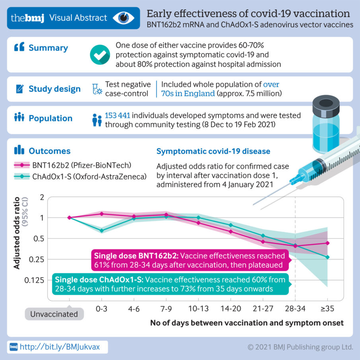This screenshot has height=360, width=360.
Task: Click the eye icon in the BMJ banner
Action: (x=124, y=18)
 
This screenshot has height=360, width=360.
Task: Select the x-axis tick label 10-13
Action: (x=198, y=309)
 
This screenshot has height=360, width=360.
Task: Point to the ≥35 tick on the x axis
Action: (x=327, y=309)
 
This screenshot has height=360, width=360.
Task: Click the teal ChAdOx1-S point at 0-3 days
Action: (x=101, y=230)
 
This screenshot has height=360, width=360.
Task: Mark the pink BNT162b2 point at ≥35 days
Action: (x=327, y=243)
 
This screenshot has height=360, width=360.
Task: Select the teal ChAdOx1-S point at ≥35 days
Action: (x=327, y=257)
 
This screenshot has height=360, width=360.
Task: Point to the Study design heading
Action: (x=54, y=89)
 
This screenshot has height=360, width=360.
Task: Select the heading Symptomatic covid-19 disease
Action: (x=213, y=151)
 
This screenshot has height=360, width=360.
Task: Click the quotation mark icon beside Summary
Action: (x=19, y=48)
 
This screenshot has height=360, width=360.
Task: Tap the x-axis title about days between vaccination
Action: (x=247, y=323)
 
